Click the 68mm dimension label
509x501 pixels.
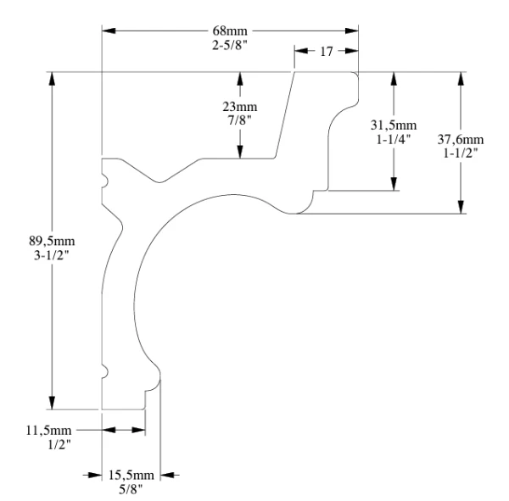[x=230, y=31]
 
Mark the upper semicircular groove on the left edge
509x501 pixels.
[x=104, y=181]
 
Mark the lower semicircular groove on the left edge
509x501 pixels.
[x=104, y=370]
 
